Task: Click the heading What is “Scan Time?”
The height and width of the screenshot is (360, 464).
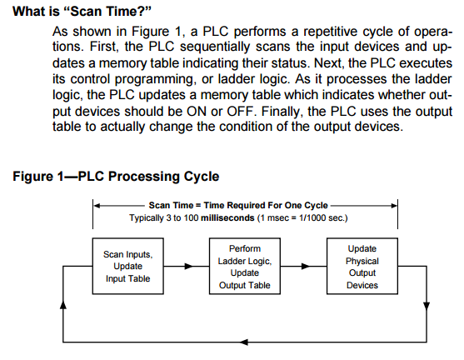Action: (82, 12)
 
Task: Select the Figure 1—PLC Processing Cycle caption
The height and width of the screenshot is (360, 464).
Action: (116, 177)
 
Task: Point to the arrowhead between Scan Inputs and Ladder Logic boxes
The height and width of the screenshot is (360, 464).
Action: (189, 267)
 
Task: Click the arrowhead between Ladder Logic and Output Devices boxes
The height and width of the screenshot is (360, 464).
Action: (306, 267)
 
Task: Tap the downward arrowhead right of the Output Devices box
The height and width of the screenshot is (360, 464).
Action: (427, 306)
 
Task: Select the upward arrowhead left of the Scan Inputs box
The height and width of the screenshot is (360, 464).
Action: (63, 305)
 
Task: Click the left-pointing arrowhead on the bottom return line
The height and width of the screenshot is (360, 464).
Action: (243, 342)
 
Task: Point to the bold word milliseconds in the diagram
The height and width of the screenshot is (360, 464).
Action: (227, 218)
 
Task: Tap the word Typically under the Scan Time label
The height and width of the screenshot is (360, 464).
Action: (147, 218)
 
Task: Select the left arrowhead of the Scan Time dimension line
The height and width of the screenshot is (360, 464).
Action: (97, 206)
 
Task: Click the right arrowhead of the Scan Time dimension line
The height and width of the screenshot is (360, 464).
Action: (394, 206)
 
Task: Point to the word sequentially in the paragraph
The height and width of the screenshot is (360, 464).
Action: (215, 47)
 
